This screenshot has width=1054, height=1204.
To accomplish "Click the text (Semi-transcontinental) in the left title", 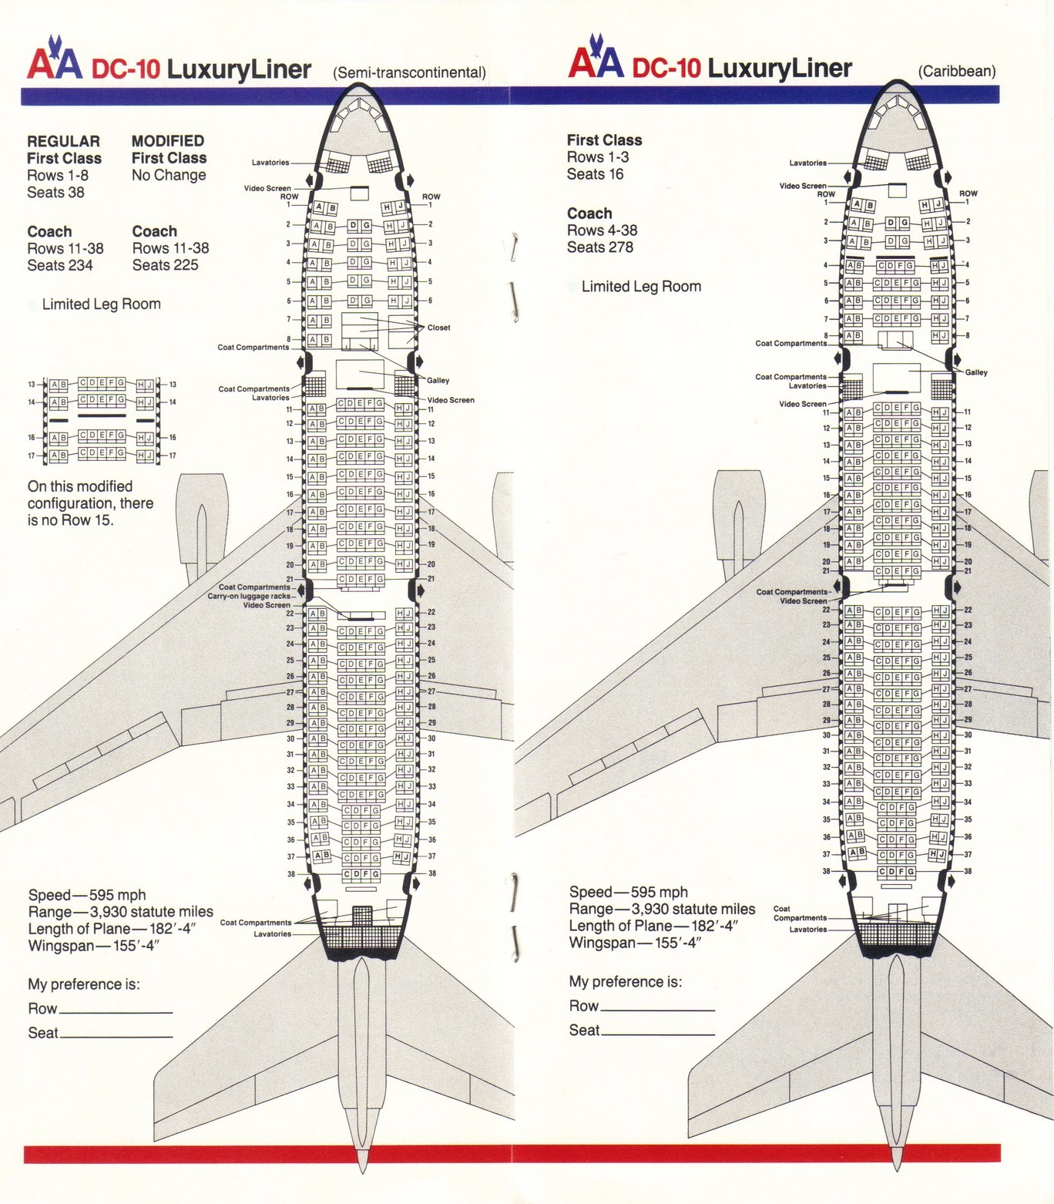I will point(409,72).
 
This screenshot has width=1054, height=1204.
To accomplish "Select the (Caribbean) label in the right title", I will point(957,71).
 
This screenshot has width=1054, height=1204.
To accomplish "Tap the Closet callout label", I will point(438,328).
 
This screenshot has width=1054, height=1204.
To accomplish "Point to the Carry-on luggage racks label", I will point(249,596).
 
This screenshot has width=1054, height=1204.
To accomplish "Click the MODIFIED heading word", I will point(167,141).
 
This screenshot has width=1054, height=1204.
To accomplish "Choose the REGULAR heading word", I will point(63,142).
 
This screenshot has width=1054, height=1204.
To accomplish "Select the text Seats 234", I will point(59,265).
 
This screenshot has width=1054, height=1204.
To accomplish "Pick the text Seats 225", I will point(165,265).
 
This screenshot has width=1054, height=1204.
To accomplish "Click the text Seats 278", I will point(599,247).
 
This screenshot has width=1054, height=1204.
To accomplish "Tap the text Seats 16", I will point(595,174).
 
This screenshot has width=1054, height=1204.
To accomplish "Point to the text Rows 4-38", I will point(602,230).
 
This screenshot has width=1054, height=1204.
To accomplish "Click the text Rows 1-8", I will point(57,176).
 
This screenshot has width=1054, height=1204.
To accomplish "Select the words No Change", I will point(169,175).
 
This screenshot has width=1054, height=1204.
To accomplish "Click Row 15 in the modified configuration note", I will point(91,520).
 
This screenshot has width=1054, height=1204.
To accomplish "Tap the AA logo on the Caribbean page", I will point(595,59).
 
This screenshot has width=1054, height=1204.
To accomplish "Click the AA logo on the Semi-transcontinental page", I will point(54,59).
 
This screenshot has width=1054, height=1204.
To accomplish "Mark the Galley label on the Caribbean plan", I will point(975,372).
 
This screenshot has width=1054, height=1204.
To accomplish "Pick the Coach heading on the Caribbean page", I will point(589,214).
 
